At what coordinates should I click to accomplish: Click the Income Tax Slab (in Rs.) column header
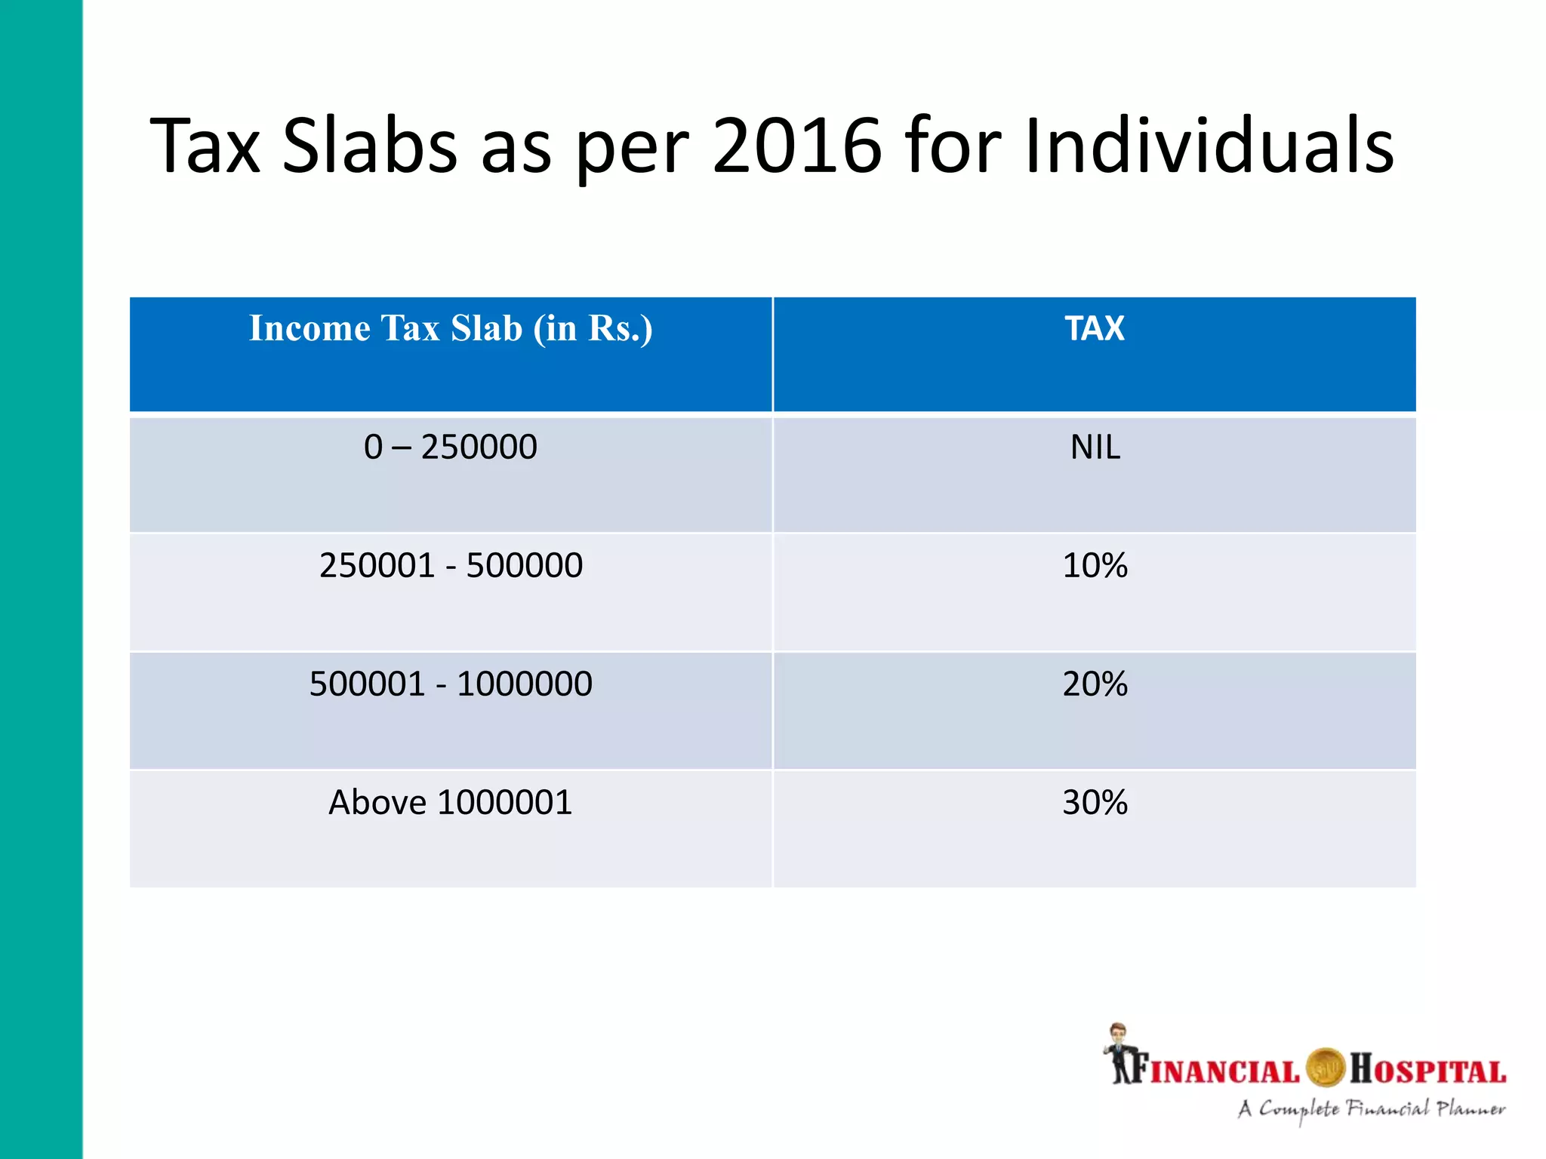pos(451,329)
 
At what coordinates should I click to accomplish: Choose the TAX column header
pos(1094,329)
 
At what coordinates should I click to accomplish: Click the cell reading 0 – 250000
pos(451,447)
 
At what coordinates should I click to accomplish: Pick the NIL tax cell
pos(1095,447)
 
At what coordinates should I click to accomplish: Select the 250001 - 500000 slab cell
pos(451,565)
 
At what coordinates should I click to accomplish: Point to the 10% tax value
pos(1095,565)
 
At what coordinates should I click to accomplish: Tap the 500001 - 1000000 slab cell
pos(451,684)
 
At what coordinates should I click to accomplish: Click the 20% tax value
pos(1095,684)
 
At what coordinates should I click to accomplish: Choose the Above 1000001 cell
pos(451,802)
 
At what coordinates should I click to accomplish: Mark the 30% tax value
pos(1095,802)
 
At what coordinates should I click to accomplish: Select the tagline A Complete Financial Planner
pos(1371,1109)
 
